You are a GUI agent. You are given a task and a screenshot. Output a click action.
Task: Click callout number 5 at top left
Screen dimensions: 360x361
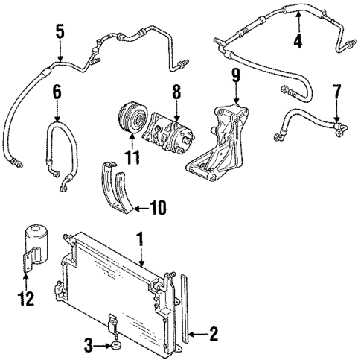(x=60, y=32)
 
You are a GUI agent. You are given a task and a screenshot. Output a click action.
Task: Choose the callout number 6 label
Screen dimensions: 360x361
(x=57, y=95)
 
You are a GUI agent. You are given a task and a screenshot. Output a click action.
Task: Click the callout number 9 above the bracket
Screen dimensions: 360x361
(x=235, y=75)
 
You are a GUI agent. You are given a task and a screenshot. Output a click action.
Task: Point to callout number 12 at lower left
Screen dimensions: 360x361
(x=27, y=300)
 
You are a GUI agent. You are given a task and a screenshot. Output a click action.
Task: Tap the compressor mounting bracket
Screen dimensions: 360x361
(x=219, y=142)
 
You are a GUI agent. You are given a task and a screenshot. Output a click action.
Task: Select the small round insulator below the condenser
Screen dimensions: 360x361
(x=116, y=345)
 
